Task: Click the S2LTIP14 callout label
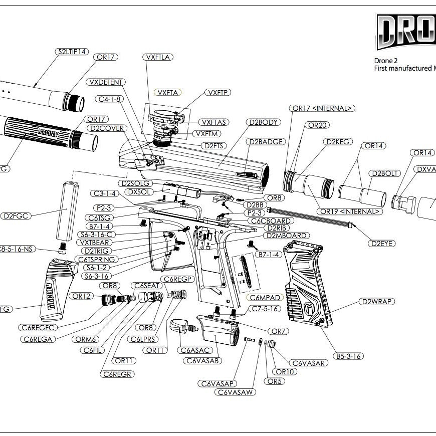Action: [72, 51]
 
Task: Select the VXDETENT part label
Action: [106, 82]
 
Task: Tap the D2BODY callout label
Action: [263, 122]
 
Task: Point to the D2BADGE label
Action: [267, 142]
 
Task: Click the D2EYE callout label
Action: [382, 244]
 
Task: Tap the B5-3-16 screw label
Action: [349, 356]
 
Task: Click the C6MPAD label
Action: [265, 297]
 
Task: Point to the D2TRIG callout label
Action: [98, 251]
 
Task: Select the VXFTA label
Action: [167, 93]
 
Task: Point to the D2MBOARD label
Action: [288, 236]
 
